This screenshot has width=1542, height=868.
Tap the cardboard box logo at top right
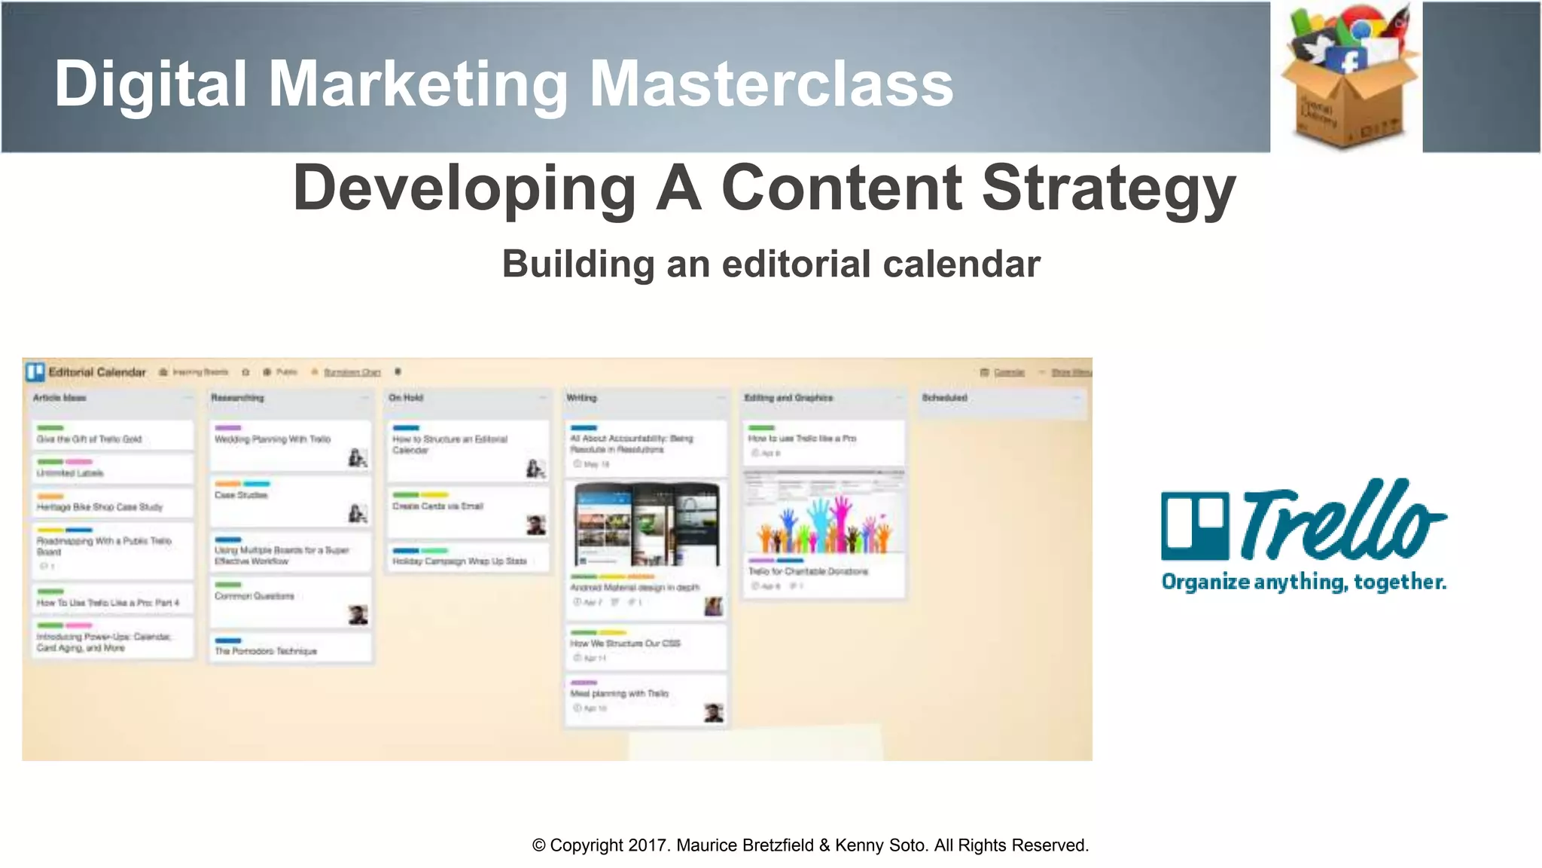(1346, 78)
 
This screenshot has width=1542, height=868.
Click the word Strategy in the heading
(1108, 188)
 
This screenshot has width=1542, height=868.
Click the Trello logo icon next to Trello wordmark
(1196, 526)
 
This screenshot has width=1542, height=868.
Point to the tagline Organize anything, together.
(1303, 582)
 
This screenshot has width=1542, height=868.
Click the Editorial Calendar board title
(96, 372)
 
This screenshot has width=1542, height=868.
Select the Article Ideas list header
(59, 398)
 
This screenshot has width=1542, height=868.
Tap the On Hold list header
(406, 398)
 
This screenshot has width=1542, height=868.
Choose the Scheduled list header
(944, 398)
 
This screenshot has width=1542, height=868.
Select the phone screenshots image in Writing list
(646, 525)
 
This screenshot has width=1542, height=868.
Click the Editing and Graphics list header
(788, 398)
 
